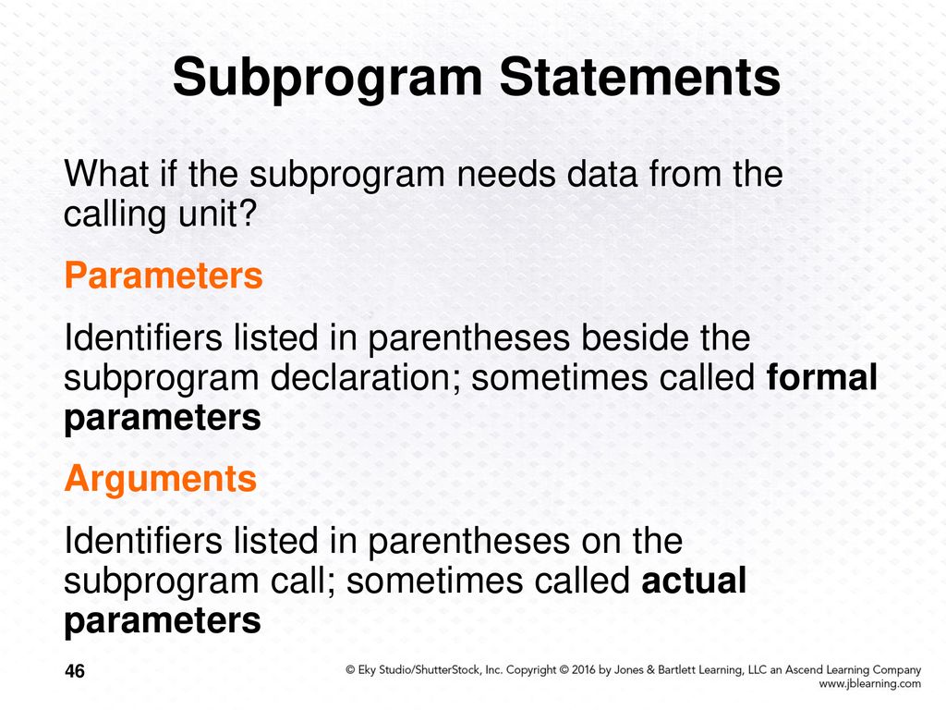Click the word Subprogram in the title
coord(328,79)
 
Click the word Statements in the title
coord(640,77)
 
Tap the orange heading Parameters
coord(164,275)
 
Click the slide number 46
coord(75,671)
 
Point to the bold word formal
coord(821,377)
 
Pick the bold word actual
coord(694,581)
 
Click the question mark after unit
coord(249,214)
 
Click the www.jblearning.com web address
coord(869,684)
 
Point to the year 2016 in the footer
coord(584,669)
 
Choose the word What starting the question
coord(106,174)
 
